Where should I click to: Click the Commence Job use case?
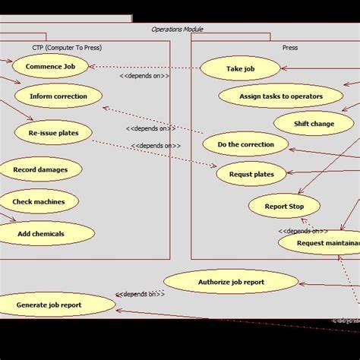(x=50, y=67)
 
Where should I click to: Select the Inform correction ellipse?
(x=58, y=96)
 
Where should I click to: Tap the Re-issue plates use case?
(x=53, y=133)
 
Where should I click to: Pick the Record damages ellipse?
(x=39, y=170)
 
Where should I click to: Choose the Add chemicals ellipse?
(x=41, y=234)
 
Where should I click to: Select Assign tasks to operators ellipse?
(x=280, y=96)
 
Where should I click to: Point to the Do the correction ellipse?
(x=246, y=144)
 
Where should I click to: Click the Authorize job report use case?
(x=231, y=283)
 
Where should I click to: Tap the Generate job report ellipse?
(x=49, y=305)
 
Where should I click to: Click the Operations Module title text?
(x=177, y=30)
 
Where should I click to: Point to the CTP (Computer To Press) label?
(x=67, y=48)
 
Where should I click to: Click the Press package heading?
(x=289, y=48)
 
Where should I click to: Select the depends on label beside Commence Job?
(x=145, y=75)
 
